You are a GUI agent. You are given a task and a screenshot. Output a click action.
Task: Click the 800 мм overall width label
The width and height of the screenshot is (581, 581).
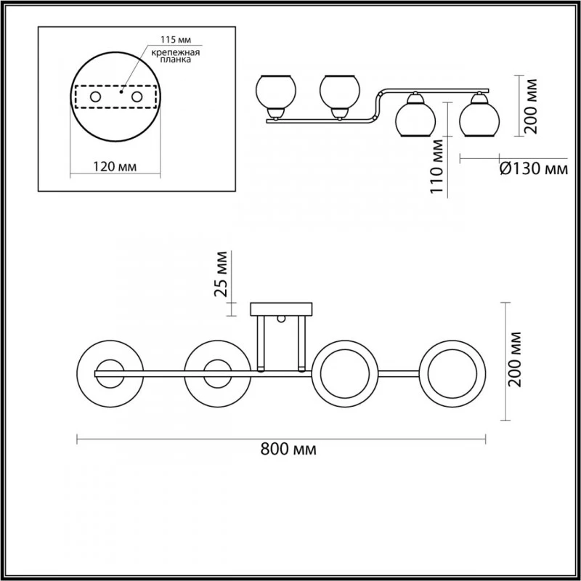point(288,449)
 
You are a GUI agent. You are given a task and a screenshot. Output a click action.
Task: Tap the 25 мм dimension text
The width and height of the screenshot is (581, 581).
point(221,275)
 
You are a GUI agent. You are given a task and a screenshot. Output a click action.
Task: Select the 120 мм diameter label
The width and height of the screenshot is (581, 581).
point(115,167)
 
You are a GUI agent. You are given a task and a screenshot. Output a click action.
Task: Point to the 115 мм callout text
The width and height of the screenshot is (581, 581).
point(176,40)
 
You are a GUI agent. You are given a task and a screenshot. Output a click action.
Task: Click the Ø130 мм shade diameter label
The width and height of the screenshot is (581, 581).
point(534,169)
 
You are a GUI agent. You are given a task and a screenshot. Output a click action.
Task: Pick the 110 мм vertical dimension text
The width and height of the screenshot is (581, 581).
point(437,166)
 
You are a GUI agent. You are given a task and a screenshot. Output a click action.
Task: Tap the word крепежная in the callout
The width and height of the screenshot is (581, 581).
point(176,52)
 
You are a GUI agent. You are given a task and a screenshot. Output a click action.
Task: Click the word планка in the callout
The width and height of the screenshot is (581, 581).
point(176,60)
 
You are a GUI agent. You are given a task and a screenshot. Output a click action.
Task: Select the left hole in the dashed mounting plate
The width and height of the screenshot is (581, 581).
point(96,97)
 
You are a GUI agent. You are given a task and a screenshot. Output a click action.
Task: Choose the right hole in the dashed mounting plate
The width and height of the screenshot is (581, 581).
point(137,97)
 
